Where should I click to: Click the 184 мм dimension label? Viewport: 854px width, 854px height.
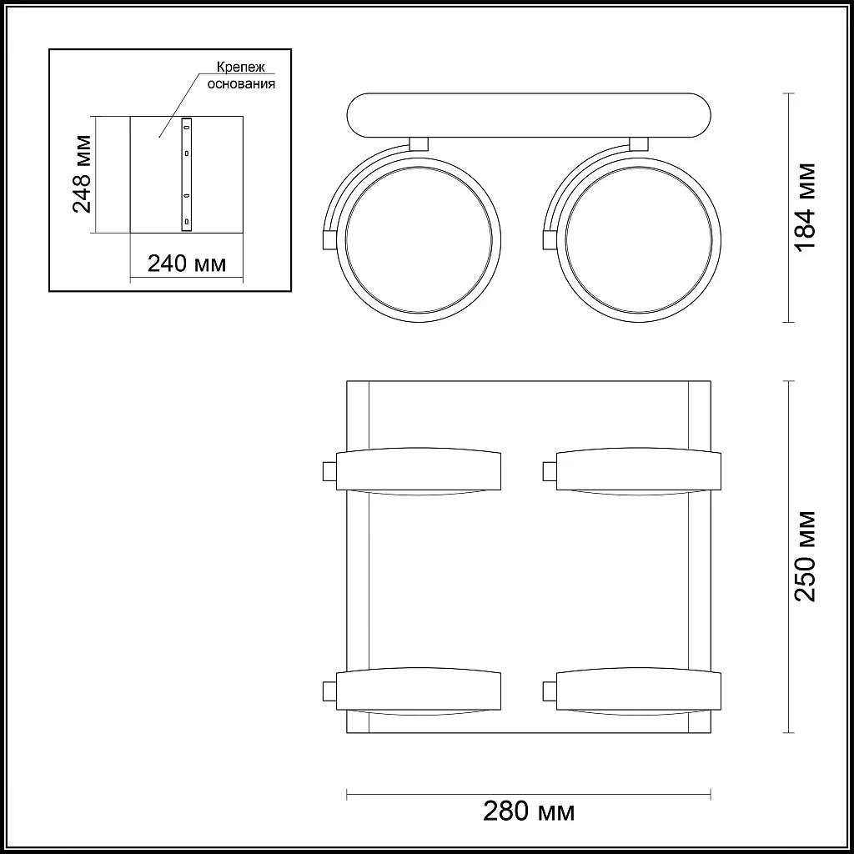tap(804, 207)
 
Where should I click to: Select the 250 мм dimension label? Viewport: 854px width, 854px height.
tap(804, 556)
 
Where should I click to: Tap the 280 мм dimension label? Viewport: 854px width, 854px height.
tap(529, 811)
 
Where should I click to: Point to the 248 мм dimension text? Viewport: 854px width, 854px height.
tap(81, 173)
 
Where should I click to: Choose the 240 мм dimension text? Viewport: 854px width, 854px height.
tap(186, 264)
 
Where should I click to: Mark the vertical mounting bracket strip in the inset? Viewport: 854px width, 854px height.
tap(187, 173)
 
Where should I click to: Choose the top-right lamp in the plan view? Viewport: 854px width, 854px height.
tap(638, 472)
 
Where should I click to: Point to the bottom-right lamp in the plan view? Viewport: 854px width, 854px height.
tap(638, 690)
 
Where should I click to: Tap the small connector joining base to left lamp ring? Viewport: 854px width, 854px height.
tap(419, 143)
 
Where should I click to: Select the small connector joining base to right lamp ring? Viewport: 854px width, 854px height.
tap(640, 143)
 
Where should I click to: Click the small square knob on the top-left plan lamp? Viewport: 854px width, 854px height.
tap(329, 472)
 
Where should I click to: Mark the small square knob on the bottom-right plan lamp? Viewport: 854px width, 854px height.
tap(550, 690)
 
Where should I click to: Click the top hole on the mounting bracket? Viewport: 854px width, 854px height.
tap(187, 126)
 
